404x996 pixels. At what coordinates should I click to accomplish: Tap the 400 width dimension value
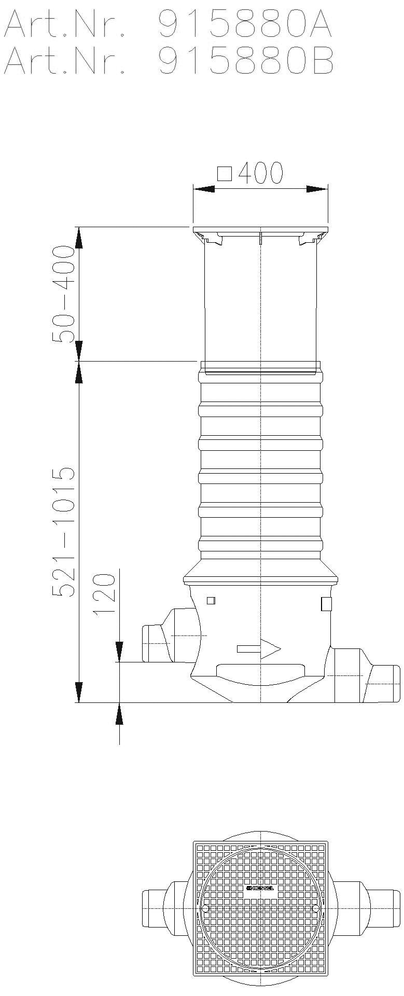coord(260,173)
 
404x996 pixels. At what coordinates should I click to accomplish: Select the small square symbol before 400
coord(224,173)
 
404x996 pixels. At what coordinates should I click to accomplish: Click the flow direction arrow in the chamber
coord(259,648)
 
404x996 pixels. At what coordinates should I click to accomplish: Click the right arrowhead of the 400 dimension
coord(317,189)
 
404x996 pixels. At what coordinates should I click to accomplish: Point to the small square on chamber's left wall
coord(211,601)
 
